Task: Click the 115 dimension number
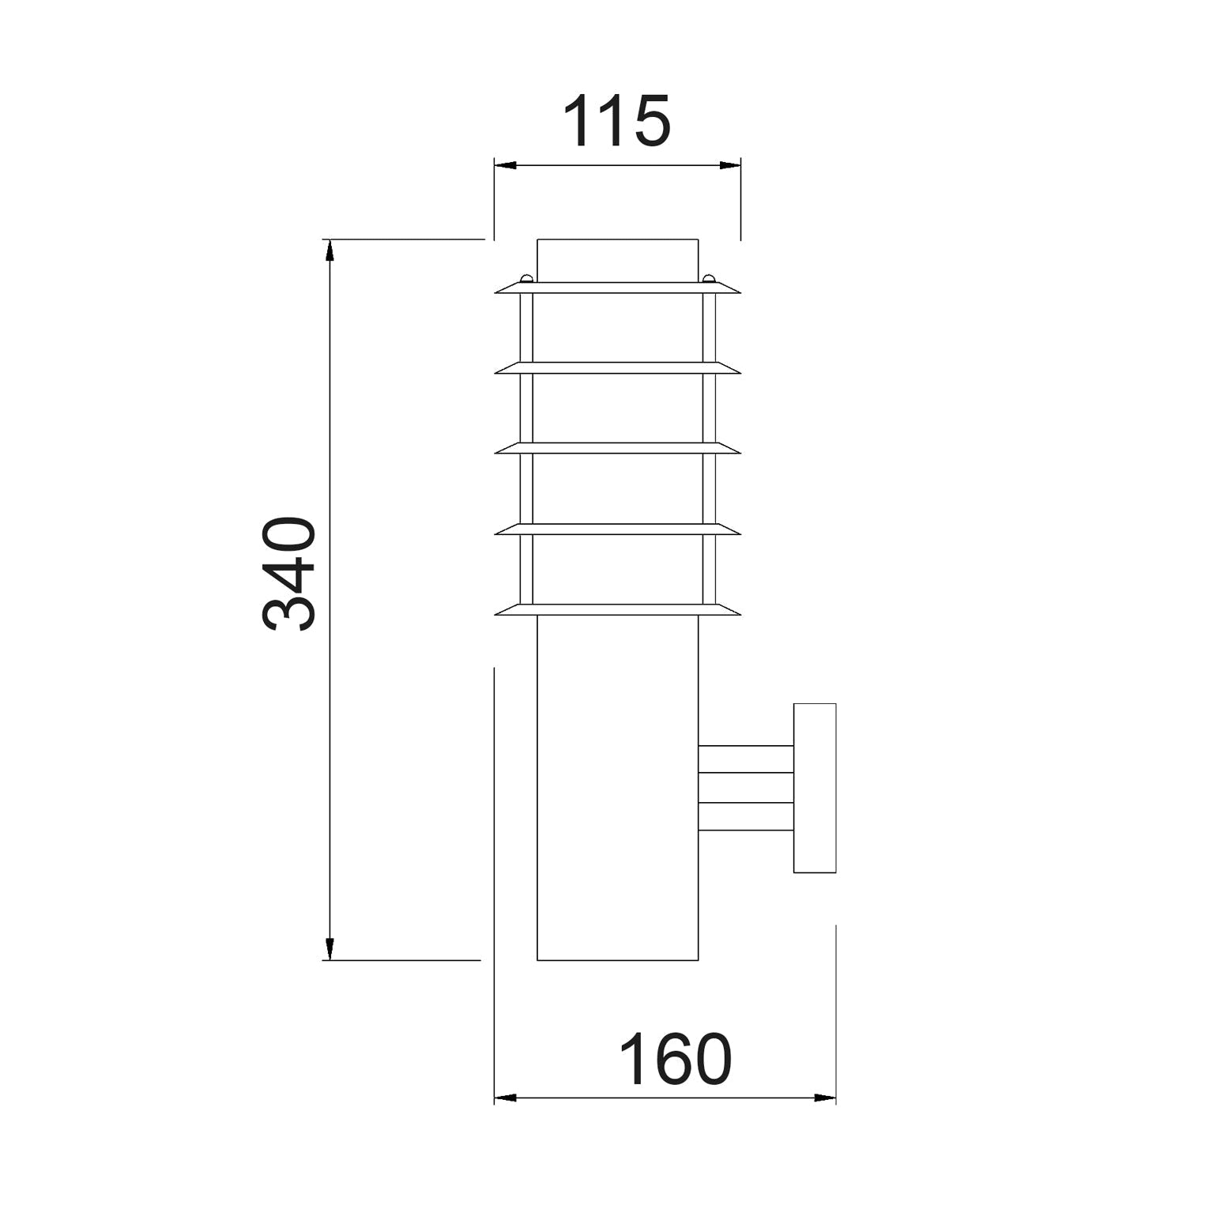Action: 616,121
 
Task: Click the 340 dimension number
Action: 289,574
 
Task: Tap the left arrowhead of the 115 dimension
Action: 506,165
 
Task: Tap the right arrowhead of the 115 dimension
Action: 729,165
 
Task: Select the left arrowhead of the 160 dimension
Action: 506,1098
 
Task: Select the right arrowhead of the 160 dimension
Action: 824,1098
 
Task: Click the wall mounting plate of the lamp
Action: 815,788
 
